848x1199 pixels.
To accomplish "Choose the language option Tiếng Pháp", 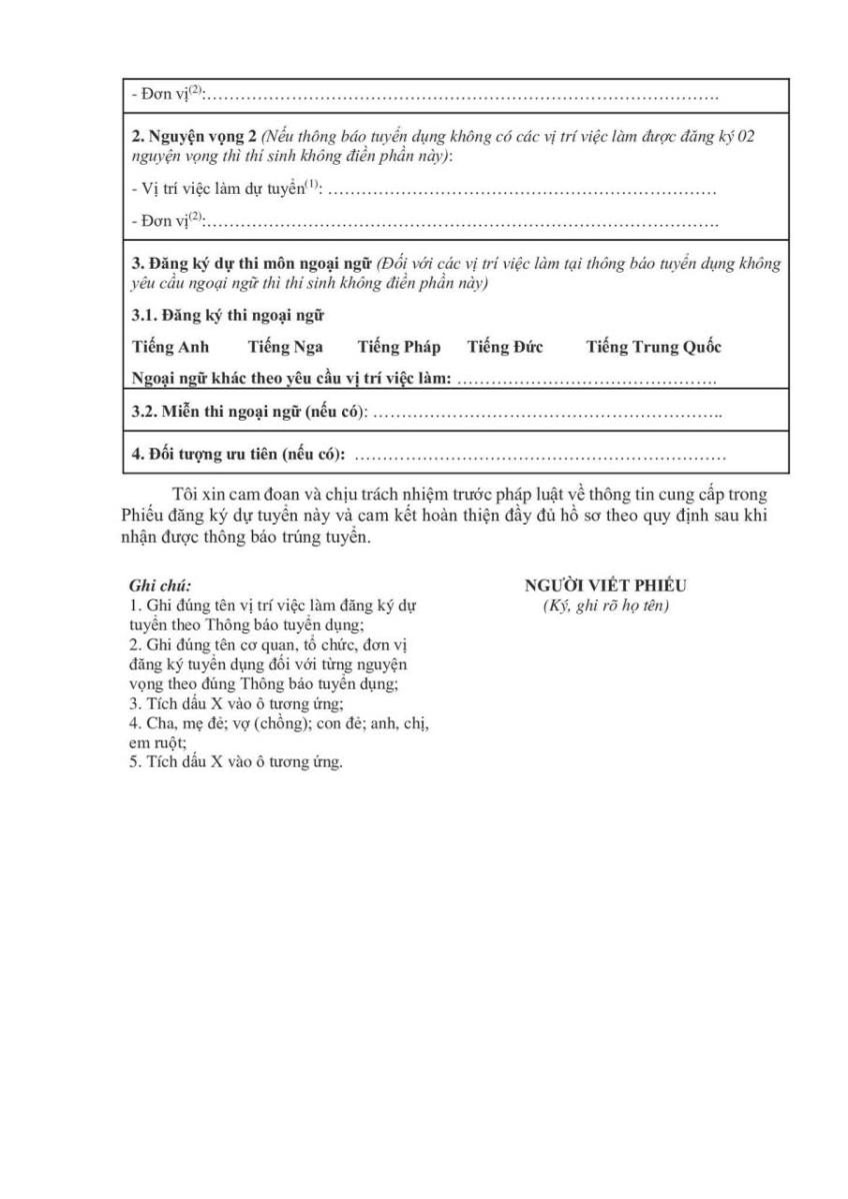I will pyautogui.click(x=398, y=348).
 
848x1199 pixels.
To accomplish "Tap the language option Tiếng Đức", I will pyautogui.click(x=504, y=348).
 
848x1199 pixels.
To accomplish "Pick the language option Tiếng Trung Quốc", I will pyautogui.click(x=653, y=348).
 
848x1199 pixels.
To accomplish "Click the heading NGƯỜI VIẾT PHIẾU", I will pyautogui.click(x=605, y=587).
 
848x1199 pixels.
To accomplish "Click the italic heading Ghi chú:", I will pyautogui.click(x=160, y=587).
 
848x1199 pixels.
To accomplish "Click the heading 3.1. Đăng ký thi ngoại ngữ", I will pyautogui.click(x=229, y=316).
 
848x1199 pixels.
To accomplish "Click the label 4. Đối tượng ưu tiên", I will pyautogui.click(x=239, y=456).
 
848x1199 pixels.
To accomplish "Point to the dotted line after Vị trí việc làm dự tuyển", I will pyautogui.click(x=522, y=190).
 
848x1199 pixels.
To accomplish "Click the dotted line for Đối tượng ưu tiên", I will pyautogui.click(x=540, y=457).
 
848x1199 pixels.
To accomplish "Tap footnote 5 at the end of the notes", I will pyautogui.click(x=236, y=762).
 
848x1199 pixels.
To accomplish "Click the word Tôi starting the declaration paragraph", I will pyautogui.click(x=185, y=497).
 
